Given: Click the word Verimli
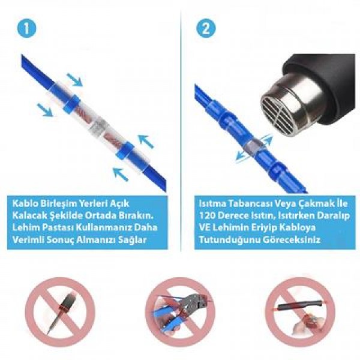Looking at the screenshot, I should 28,240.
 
